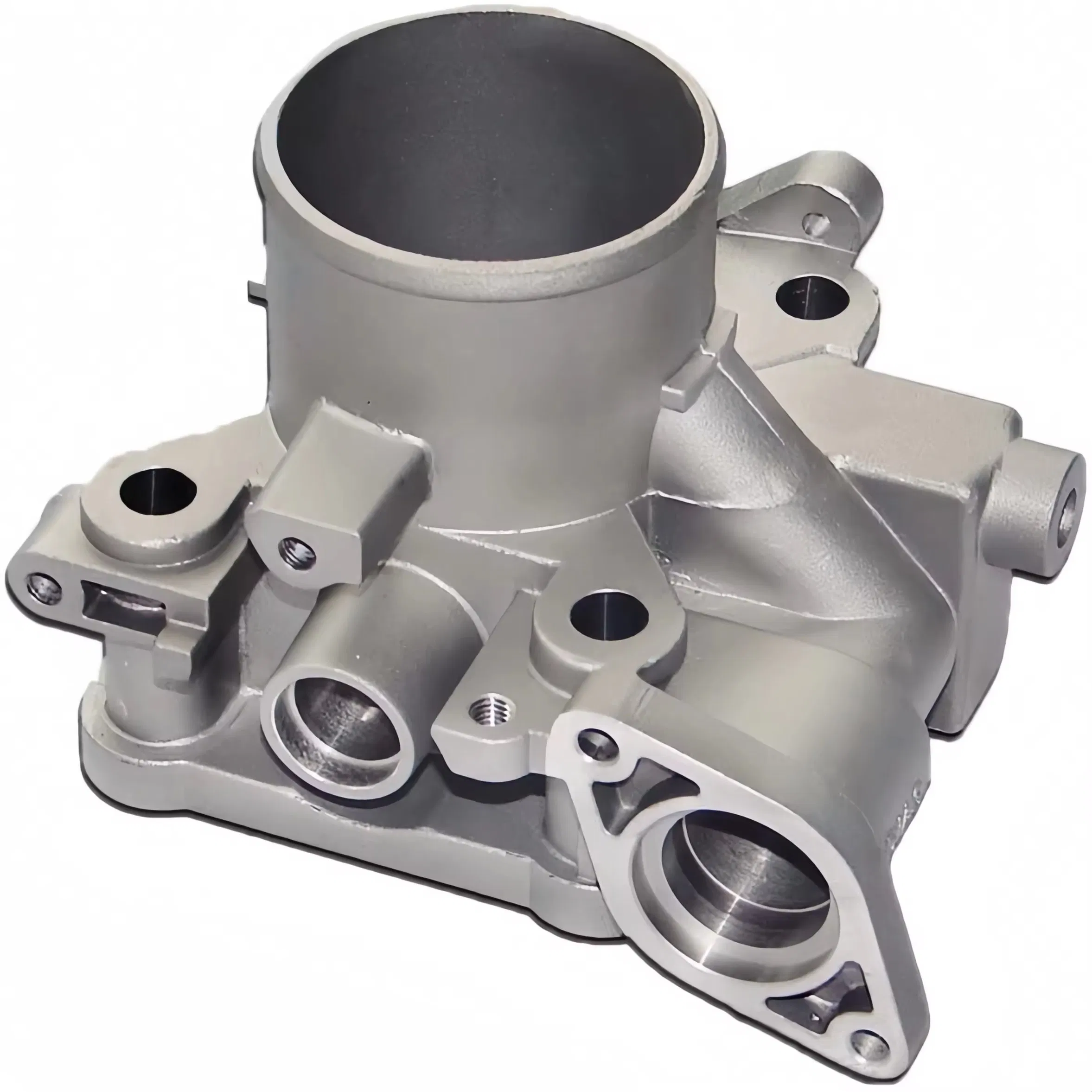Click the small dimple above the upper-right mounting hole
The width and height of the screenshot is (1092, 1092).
(813, 220)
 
